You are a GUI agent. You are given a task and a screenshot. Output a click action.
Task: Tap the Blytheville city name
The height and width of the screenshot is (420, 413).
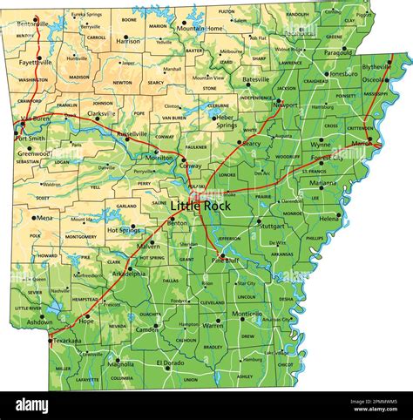coord(377,66)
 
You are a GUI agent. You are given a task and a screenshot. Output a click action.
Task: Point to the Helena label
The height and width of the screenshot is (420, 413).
coord(328,218)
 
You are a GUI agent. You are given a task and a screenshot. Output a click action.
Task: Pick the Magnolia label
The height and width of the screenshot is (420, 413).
coord(120,364)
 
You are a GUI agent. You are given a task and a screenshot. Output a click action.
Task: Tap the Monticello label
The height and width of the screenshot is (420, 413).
coord(247,314)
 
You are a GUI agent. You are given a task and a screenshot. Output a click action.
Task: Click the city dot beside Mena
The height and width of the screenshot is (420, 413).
coord(34,219)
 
